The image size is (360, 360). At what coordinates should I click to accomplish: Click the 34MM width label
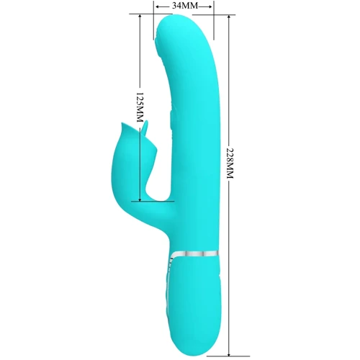tap(185, 6)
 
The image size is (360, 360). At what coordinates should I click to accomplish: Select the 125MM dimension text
tap(140, 107)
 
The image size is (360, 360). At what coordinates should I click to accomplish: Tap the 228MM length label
tap(230, 163)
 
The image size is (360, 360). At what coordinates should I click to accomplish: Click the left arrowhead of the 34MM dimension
tap(158, 6)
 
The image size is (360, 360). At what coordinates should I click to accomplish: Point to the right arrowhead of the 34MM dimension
tap(210, 6)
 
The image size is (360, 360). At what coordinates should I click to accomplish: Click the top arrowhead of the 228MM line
tap(229, 17)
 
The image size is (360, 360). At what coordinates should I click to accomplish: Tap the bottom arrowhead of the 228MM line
tap(229, 354)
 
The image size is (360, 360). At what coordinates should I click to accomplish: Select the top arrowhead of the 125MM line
tap(140, 16)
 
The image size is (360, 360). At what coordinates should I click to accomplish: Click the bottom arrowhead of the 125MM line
tap(140, 199)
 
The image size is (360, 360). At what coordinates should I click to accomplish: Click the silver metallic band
tap(195, 254)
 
